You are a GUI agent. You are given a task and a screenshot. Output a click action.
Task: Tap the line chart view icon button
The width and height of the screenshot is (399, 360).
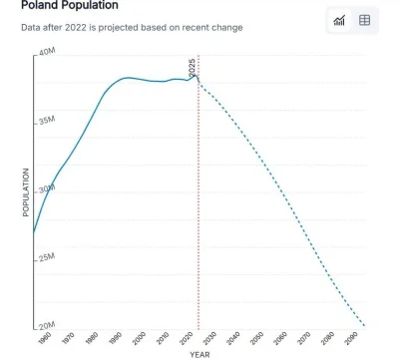pyautogui.click(x=339, y=20)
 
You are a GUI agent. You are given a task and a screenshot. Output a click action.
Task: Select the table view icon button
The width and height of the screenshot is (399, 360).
pyautogui.click(x=365, y=20)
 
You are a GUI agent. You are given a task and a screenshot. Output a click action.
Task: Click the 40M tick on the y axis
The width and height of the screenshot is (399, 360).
pyautogui.click(x=46, y=52)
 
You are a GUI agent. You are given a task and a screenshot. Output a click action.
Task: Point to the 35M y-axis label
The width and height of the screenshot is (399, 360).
pyautogui.click(x=46, y=121)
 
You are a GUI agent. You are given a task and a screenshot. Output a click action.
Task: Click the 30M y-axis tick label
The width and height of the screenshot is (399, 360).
pyautogui.click(x=46, y=189)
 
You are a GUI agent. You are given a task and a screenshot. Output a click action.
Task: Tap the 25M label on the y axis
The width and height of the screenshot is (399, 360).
pyautogui.click(x=46, y=257)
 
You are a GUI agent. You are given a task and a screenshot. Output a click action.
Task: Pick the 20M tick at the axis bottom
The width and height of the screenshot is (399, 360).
pyautogui.click(x=46, y=325)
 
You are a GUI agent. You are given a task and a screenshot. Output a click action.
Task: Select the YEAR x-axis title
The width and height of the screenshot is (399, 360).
pyautogui.click(x=199, y=354)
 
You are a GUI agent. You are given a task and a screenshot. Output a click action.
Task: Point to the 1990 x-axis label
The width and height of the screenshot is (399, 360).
pyautogui.click(x=118, y=337)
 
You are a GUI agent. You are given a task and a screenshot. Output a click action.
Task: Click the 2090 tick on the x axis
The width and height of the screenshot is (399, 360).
pyautogui.click(x=351, y=337)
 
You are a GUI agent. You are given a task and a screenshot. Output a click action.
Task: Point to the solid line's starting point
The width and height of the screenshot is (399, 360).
pyautogui.click(x=34, y=233)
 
